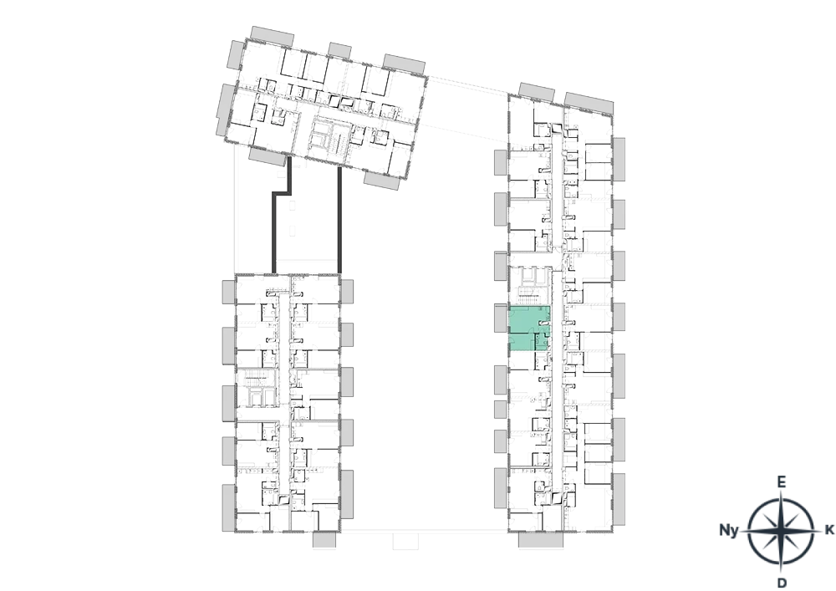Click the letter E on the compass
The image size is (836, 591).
781,483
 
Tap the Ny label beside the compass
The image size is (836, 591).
729,530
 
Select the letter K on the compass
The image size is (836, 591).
829,530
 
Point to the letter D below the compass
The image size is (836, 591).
782,583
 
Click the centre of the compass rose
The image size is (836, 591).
781,532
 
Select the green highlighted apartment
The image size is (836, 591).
530,329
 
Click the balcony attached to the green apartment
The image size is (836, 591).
501,318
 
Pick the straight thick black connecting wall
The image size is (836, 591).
339,220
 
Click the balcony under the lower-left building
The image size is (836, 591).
324,539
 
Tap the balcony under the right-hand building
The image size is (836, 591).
541,540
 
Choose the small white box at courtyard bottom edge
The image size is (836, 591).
405,540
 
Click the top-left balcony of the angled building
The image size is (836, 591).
272,36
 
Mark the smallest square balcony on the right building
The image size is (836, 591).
500,410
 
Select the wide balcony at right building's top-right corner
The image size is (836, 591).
589,104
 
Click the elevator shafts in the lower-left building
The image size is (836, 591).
257,396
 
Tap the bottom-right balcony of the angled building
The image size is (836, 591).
382,180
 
